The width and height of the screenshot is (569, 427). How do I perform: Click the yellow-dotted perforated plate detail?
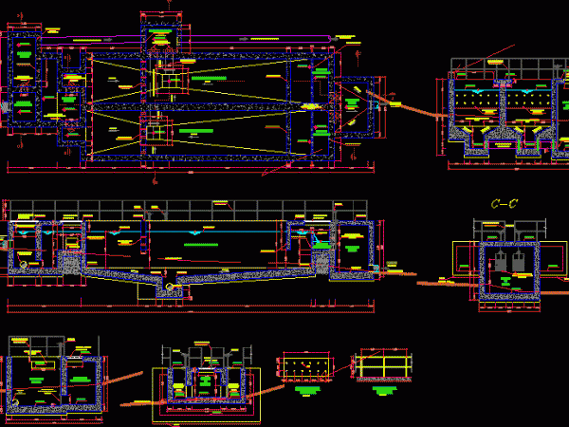click(304, 368)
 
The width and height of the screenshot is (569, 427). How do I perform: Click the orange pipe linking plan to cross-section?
click(408, 104)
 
